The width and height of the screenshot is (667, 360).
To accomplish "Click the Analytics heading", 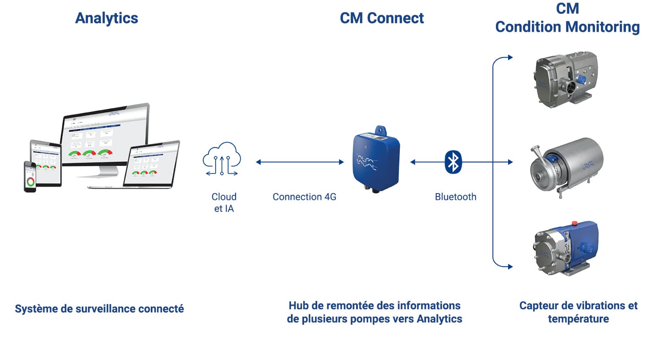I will pos(106,18).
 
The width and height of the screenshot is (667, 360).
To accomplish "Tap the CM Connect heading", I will pos(382,18).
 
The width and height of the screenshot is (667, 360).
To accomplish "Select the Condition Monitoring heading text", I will pos(567,27).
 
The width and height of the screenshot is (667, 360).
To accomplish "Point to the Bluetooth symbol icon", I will pos(454,162).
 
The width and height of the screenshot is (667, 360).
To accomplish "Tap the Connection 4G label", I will pos(304,197).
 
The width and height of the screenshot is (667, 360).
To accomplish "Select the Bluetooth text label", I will pos(455,197).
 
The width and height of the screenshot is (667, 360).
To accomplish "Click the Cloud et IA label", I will pos(224,202).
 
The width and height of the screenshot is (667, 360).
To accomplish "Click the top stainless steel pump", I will pos(564,80).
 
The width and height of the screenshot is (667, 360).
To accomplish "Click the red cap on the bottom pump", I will pos(575,223).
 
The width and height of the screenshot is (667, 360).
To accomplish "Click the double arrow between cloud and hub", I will pos(300,162).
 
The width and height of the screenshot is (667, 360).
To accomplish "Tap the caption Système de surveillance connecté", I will pos(99,309).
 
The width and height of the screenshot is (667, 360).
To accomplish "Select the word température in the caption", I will pos(578,319).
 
